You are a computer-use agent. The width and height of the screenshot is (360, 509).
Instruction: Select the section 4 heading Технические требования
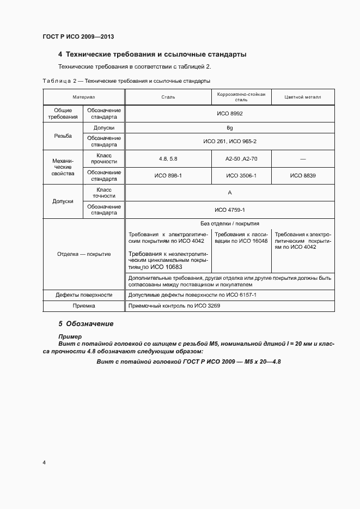[x=152, y=54]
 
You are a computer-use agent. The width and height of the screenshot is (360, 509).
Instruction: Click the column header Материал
[x=84, y=97]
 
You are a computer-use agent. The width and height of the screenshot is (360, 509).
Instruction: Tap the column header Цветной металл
[x=303, y=97]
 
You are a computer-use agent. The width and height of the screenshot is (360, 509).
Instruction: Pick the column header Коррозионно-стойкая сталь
[x=241, y=97]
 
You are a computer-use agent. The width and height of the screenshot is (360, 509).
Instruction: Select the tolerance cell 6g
[x=229, y=128]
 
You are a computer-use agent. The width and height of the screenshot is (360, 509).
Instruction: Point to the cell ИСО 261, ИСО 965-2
[x=229, y=142]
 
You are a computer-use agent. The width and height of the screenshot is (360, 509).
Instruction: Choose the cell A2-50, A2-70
[x=241, y=158]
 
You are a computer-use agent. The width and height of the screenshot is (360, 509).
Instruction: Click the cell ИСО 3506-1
[x=241, y=175]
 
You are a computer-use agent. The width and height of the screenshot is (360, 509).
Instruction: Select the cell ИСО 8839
[x=303, y=175]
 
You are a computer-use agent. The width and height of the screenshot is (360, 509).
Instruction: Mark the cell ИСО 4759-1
[x=229, y=210]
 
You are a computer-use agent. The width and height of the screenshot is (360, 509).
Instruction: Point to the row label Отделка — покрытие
[x=84, y=254]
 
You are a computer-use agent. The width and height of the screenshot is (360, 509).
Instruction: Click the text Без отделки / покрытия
[x=229, y=223]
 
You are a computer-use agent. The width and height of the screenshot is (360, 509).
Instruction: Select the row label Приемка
[x=84, y=306]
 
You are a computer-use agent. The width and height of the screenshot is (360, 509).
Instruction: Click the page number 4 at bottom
[x=44, y=462]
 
